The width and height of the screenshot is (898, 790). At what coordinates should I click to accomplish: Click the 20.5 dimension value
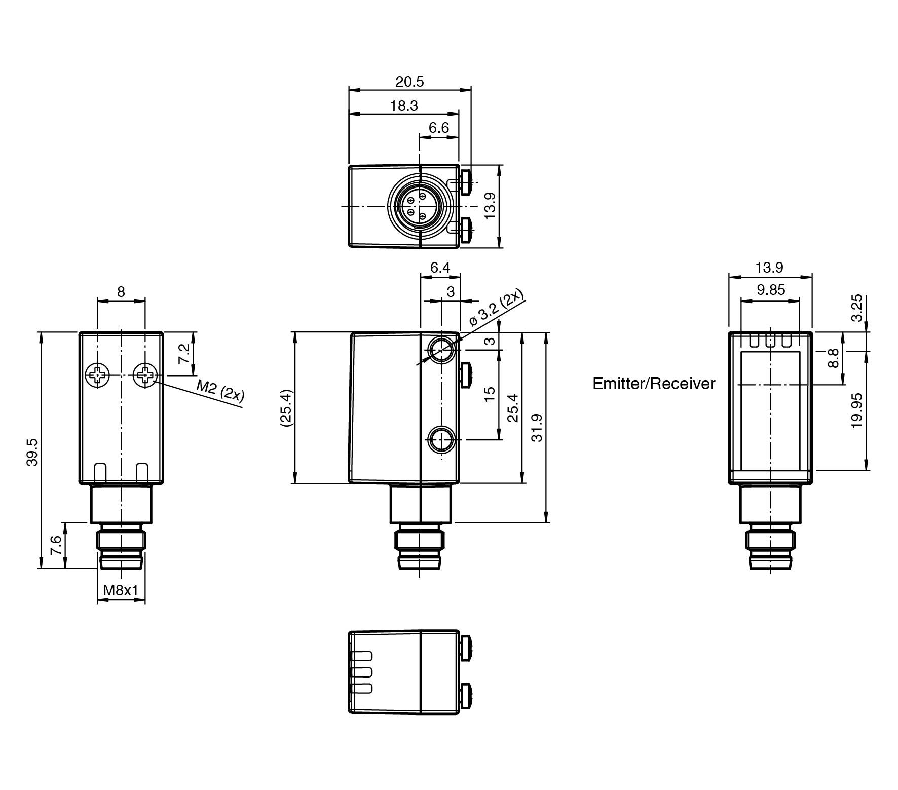[x=409, y=81]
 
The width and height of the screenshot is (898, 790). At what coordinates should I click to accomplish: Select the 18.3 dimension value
[x=404, y=106]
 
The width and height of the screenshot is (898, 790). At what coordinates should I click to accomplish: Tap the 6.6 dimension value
[x=439, y=128]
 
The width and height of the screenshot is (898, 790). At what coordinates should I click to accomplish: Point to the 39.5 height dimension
[x=32, y=452]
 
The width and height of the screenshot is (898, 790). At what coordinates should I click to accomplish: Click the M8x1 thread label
[x=121, y=590]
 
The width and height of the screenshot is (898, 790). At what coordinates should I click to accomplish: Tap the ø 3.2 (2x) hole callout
[x=497, y=309]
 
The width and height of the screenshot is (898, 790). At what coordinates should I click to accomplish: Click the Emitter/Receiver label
[x=654, y=384]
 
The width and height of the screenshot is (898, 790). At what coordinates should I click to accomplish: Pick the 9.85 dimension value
[x=771, y=289]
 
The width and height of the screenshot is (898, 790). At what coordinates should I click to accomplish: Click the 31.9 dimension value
[x=536, y=428]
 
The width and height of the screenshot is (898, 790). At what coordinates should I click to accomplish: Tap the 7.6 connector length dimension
[x=56, y=545]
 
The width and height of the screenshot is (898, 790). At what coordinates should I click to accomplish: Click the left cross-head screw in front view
[x=97, y=375]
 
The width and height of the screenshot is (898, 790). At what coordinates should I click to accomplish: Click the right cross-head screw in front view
[x=145, y=375]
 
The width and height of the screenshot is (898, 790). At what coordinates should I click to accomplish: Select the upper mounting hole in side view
[x=441, y=349]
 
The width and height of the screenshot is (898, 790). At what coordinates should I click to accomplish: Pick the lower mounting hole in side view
[x=441, y=439]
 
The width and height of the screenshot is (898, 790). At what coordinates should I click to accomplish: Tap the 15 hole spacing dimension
[x=489, y=394]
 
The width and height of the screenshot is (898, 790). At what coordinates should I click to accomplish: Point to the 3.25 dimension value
[x=856, y=308]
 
